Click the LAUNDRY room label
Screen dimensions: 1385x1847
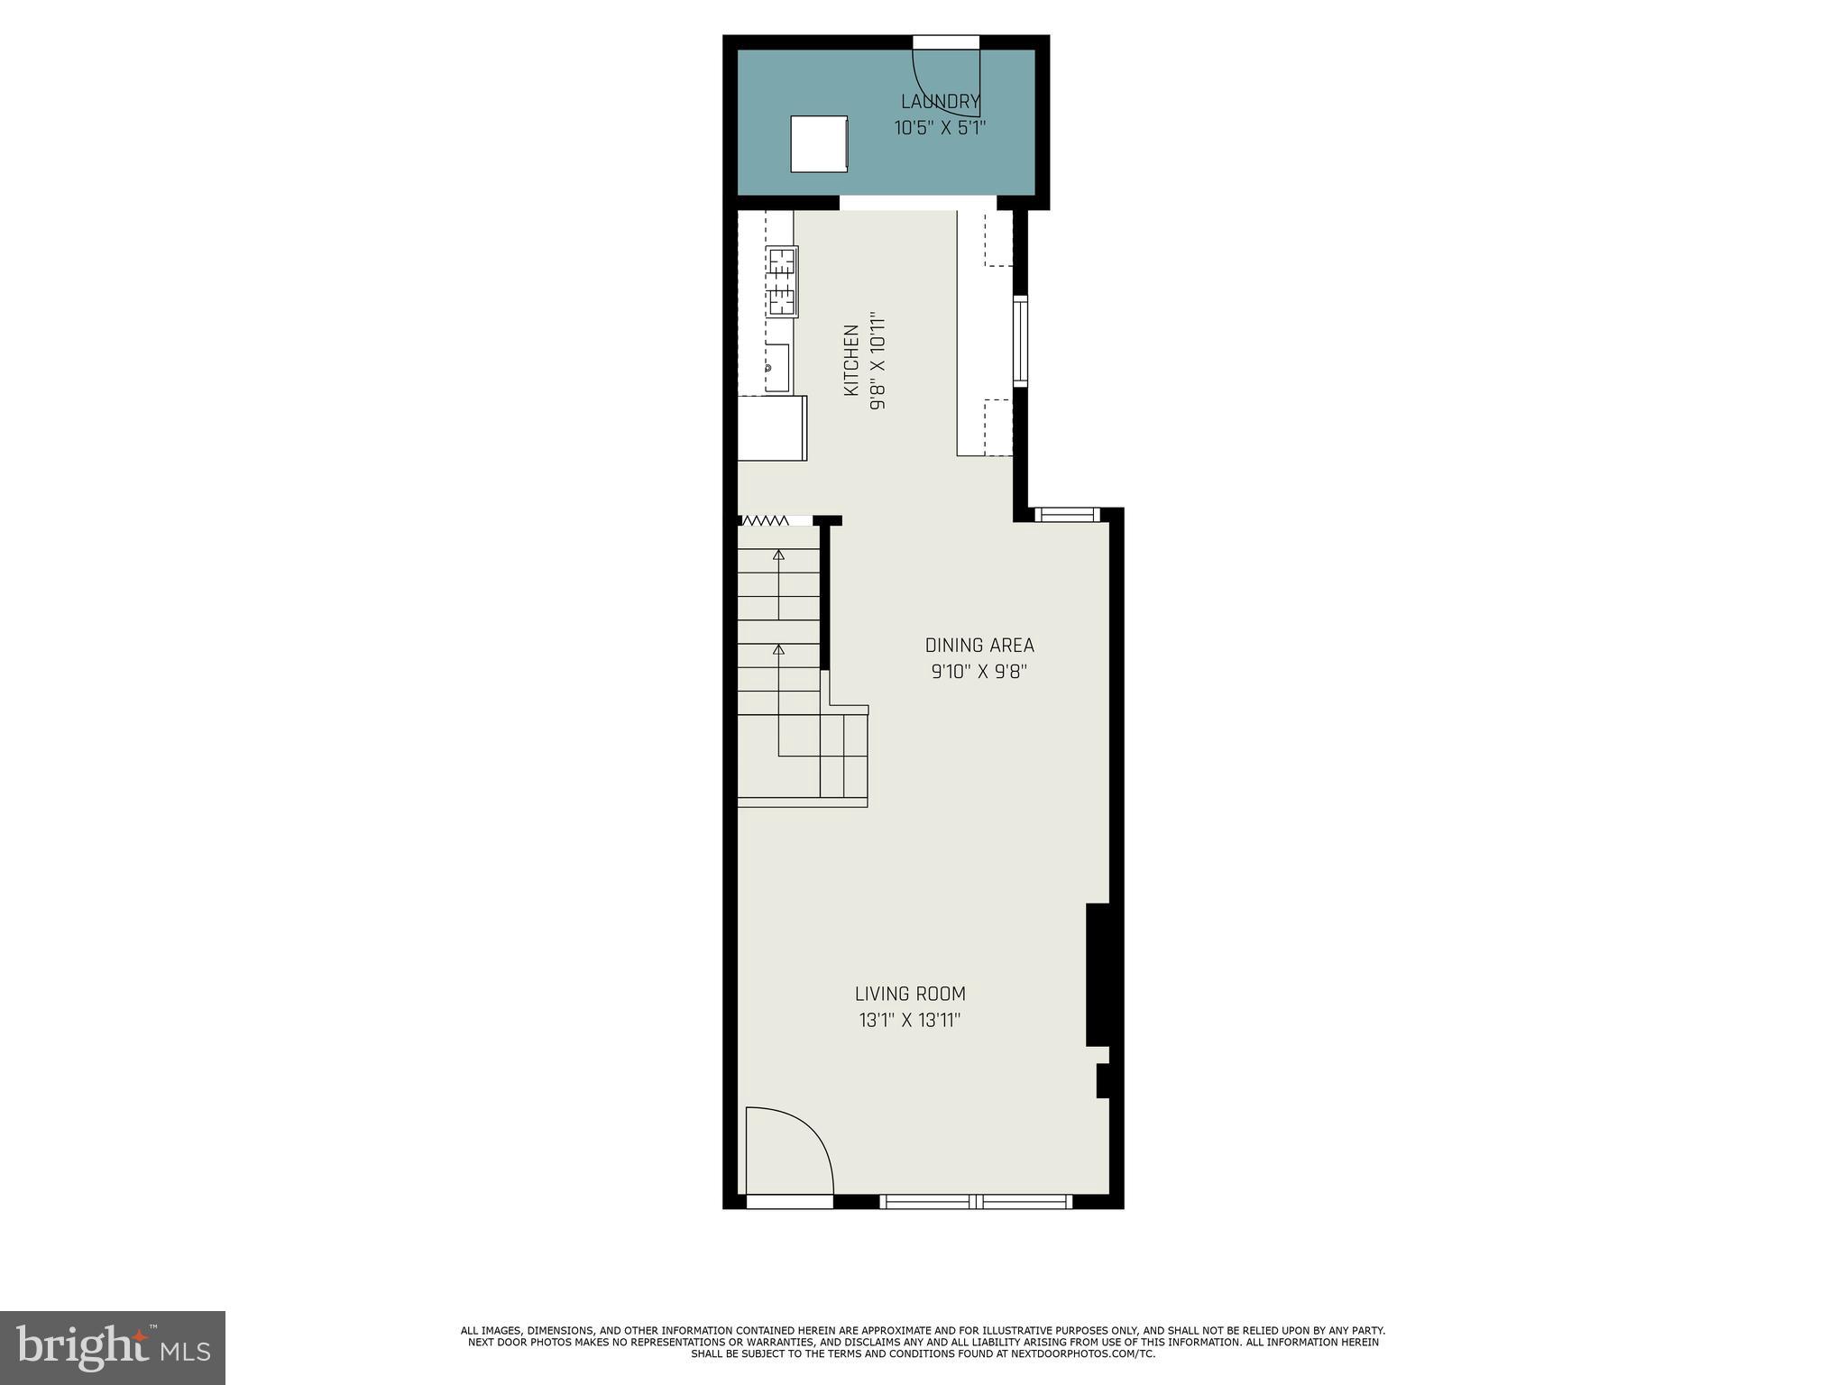click(940, 101)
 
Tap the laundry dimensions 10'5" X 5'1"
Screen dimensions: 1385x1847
click(940, 128)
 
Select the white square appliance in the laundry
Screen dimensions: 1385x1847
click(819, 143)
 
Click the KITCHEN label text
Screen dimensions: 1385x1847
click(850, 361)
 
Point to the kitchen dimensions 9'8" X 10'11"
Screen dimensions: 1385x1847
click(878, 361)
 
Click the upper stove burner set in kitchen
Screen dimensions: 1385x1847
click(782, 261)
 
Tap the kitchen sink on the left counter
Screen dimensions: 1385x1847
click(776, 368)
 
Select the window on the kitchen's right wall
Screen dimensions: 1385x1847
click(1020, 341)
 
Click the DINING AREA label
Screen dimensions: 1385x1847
click(979, 646)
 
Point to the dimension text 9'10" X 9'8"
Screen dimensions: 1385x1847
click(979, 672)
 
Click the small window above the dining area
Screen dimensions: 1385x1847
click(1066, 515)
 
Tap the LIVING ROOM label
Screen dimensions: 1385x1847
click(910, 994)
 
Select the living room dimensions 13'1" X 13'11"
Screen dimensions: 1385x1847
click(910, 1021)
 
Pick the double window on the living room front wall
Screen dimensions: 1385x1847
click(976, 1201)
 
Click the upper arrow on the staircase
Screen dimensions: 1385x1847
click(778, 555)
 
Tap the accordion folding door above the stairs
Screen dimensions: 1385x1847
click(764, 520)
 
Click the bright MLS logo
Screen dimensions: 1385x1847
click(113, 1347)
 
